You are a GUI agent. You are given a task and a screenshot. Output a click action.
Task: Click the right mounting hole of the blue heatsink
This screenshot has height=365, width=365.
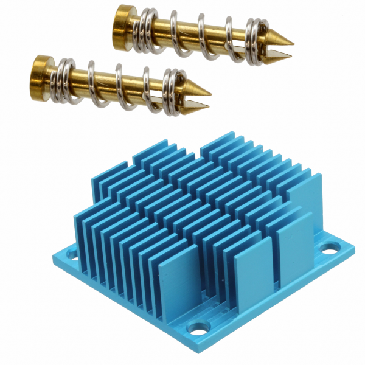coord(329,248)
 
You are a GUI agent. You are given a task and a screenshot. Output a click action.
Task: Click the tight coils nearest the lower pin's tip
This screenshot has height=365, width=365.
coord(173,92)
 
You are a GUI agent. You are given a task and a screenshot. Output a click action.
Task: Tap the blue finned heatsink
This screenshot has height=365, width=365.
coord(201,231)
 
